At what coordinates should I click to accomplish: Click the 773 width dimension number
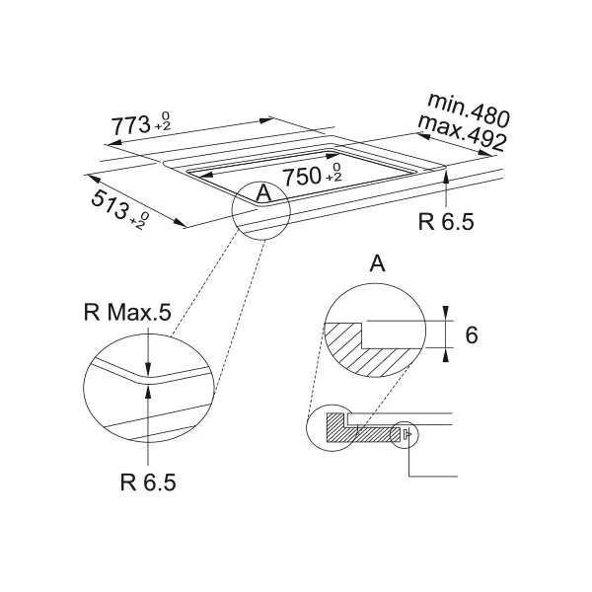click(130, 125)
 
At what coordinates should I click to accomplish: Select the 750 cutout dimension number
click(302, 177)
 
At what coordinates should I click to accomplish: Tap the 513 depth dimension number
click(110, 204)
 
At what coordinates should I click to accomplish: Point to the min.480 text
click(469, 110)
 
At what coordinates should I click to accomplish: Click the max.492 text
click(462, 133)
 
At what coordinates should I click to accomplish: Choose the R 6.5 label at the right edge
click(446, 222)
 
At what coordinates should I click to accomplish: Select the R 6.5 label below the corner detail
click(148, 482)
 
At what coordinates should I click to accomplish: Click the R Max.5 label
click(127, 313)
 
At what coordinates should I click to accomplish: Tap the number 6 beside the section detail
click(472, 334)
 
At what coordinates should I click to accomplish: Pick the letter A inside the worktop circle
click(263, 193)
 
